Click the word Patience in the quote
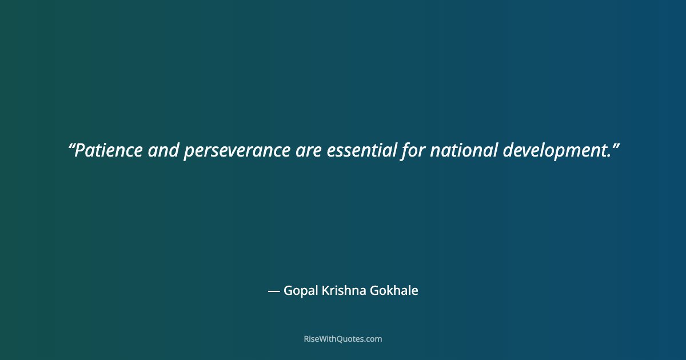coord(109,151)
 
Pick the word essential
coord(362,151)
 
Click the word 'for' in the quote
coord(413,151)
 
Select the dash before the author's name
coord(274,291)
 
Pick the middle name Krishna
coord(342,291)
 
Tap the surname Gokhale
coord(394,291)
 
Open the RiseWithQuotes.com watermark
coord(343,339)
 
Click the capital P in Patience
coord(80,151)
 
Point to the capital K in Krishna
coord(325,291)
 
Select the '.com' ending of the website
coord(373,339)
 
